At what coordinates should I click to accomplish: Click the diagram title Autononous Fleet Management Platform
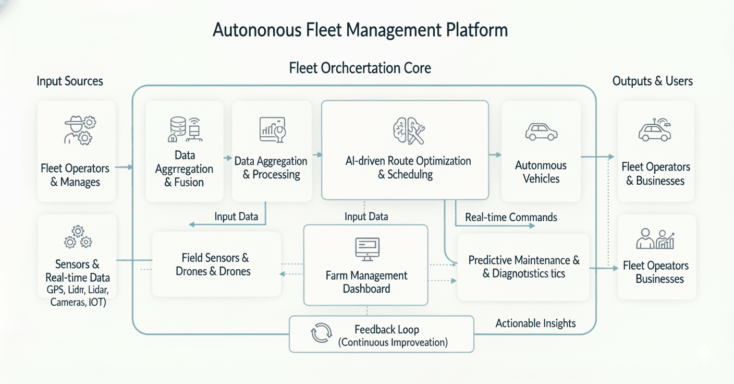tap(360, 30)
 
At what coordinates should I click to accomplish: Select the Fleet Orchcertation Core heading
tap(360, 68)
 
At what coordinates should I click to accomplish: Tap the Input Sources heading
tap(70, 81)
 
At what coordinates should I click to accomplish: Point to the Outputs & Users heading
tap(653, 81)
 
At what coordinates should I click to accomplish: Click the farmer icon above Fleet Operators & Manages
tap(79, 130)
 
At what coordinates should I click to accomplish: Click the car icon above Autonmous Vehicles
tap(541, 131)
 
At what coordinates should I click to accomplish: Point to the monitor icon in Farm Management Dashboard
tap(367, 249)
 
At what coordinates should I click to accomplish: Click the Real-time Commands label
tap(511, 217)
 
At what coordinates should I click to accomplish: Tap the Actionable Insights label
tap(535, 323)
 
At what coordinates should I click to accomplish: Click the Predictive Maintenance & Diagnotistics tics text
tap(524, 267)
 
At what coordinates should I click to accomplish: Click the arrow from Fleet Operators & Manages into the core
tap(124, 167)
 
